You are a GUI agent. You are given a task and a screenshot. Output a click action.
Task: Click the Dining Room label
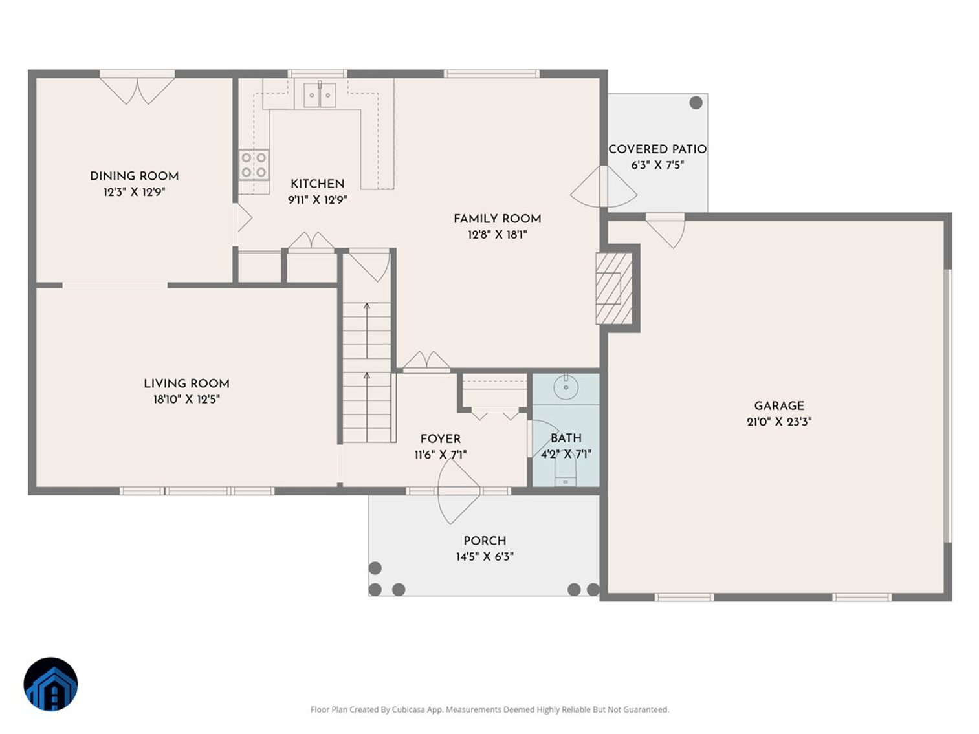pos(134,176)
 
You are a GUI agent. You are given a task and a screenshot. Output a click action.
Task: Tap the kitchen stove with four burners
pos(254,164)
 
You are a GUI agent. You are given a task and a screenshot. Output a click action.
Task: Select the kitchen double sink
pos(320,97)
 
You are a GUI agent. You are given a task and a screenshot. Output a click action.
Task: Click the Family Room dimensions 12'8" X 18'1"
pos(497,235)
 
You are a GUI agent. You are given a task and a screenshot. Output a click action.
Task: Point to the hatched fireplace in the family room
pos(611,288)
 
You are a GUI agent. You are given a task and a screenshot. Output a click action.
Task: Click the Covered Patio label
pos(657,149)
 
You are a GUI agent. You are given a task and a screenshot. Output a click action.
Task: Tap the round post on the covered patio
pos(696,102)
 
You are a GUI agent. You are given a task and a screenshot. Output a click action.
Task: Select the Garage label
pos(778,405)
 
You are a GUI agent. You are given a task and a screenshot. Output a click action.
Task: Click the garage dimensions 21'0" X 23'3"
pos(778,422)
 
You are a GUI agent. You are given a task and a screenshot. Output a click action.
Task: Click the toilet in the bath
pos(566,476)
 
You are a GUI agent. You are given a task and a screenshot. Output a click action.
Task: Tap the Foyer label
pos(440,438)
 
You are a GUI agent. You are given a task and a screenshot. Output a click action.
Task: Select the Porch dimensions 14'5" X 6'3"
pos(484,557)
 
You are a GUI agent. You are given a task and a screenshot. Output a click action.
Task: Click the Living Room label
pos(186,383)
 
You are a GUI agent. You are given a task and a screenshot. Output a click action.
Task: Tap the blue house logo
pos(50,684)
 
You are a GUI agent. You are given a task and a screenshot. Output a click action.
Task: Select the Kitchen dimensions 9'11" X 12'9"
pos(317,200)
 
